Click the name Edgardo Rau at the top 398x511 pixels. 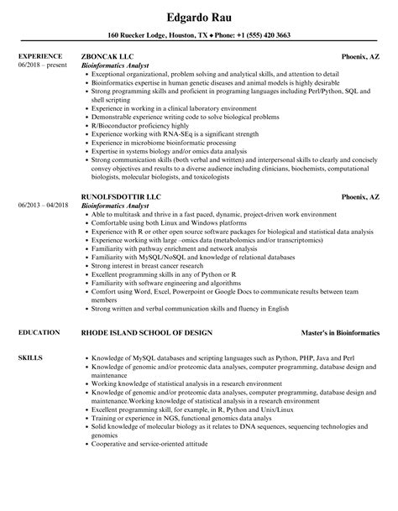click(x=199, y=13)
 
